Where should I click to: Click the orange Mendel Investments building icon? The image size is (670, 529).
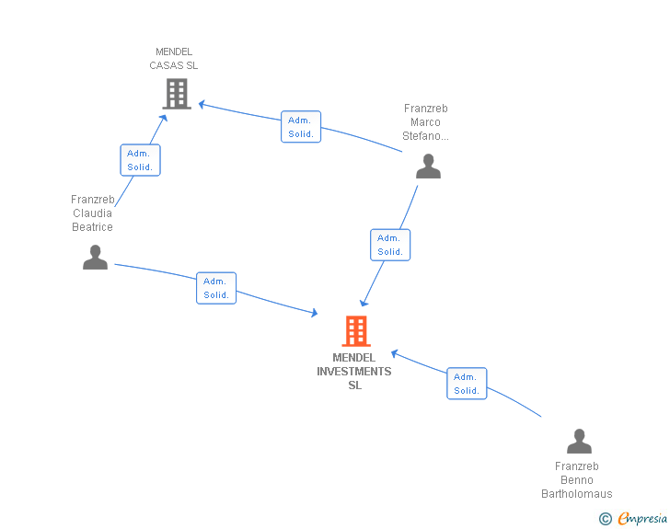click(x=356, y=330)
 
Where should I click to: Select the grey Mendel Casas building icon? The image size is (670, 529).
click(x=177, y=94)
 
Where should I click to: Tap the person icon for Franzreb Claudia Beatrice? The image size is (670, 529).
click(x=95, y=258)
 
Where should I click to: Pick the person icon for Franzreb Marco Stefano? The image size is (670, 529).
click(x=428, y=167)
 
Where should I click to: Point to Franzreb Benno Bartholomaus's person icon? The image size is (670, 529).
click(x=579, y=441)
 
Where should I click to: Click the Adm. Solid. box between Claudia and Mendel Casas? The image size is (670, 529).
click(x=140, y=160)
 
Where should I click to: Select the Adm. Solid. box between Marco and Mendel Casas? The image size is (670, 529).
click(x=301, y=126)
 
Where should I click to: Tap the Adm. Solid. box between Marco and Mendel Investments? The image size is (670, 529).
click(x=390, y=245)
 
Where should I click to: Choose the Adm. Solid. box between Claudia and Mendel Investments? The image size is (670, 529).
click(x=216, y=288)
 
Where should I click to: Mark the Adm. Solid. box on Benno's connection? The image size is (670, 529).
click(x=467, y=384)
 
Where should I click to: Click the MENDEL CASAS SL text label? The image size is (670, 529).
click(x=173, y=59)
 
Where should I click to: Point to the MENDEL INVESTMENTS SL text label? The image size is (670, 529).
click(x=354, y=372)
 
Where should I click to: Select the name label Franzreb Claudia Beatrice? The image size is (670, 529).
click(x=92, y=213)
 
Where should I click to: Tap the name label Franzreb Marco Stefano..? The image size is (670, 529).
click(x=425, y=122)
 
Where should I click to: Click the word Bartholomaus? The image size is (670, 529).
click(x=577, y=494)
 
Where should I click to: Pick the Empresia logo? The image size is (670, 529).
click(x=642, y=518)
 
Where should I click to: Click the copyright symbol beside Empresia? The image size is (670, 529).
click(x=606, y=519)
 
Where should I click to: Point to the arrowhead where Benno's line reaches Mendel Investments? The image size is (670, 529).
click(x=395, y=353)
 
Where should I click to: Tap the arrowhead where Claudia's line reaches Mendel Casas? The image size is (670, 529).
click(x=163, y=118)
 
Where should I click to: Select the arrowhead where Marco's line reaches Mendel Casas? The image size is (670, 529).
click(x=202, y=104)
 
